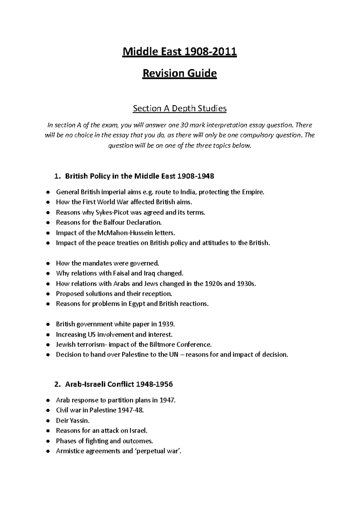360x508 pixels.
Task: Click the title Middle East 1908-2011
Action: [179, 52]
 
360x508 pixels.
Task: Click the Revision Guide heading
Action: [179, 73]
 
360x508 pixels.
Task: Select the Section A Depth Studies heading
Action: [179, 108]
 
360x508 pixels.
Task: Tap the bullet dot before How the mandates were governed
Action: [48, 264]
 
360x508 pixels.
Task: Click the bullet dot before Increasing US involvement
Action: [48, 335]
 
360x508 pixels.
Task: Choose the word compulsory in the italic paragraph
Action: [256, 135]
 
